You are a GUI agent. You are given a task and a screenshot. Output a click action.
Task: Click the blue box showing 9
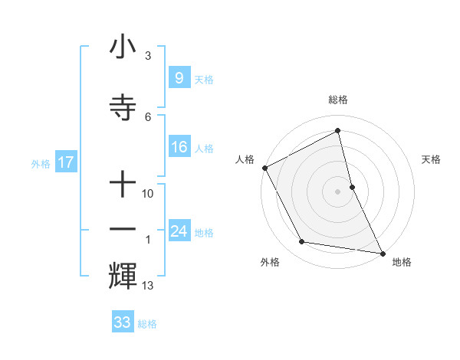[x=179, y=77]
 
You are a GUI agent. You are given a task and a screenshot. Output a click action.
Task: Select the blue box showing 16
[x=179, y=148]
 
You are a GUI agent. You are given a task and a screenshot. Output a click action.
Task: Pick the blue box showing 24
[x=179, y=231]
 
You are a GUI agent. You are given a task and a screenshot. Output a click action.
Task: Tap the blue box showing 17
[x=65, y=162]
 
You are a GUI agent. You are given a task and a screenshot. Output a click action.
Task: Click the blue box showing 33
[x=122, y=322]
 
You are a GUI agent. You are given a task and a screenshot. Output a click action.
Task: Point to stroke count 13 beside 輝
[x=148, y=286]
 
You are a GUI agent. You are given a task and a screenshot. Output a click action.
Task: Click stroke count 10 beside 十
[x=148, y=194]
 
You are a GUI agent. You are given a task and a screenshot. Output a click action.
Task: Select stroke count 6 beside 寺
[x=148, y=116]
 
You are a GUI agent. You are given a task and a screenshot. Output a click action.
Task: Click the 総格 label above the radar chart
[x=338, y=100]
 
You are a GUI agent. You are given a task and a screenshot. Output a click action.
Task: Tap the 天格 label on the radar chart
[x=432, y=159]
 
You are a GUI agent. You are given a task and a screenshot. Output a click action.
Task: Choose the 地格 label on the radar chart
[x=402, y=262]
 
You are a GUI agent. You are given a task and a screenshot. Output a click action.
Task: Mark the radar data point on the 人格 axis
[x=264, y=168]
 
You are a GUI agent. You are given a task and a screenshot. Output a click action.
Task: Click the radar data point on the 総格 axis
[x=338, y=130]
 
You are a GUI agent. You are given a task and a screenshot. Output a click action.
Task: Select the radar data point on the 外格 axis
[x=302, y=242]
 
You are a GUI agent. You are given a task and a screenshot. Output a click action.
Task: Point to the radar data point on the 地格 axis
[x=382, y=252]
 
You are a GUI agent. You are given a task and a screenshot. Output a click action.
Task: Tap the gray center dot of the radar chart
[x=338, y=191]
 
